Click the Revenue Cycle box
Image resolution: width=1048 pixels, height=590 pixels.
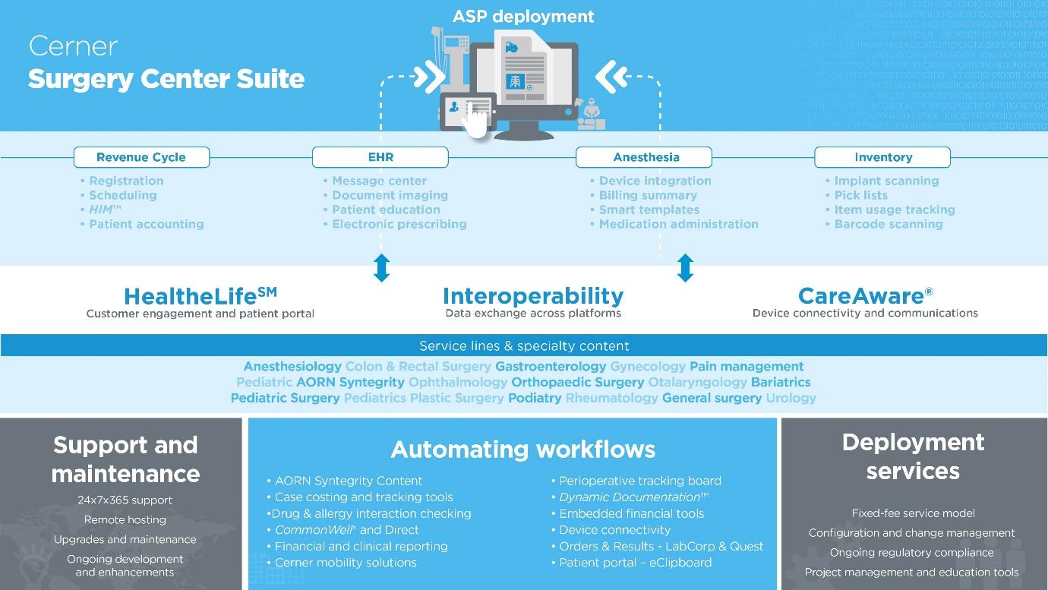tap(141, 157)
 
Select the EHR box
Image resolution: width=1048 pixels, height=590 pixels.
tap(380, 157)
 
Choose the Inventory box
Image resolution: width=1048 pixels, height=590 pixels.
tap(882, 157)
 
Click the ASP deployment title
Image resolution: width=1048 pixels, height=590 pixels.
tap(523, 16)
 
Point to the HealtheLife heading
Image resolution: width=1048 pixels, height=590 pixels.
tap(200, 295)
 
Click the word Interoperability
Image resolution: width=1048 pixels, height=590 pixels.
tap(533, 295)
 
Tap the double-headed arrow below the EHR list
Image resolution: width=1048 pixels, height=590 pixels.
tap(382, 268)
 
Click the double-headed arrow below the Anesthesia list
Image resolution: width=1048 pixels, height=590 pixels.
tap(685, 268)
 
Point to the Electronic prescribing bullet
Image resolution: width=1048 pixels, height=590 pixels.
tap(399, 224)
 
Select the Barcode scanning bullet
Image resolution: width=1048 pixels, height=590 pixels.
tap(888, 224)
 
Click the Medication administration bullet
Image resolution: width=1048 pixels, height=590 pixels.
tap(678, 224)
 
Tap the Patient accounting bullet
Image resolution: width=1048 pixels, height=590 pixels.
tap(146, 224)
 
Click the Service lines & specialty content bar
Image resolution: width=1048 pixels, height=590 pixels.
tap(524, 345)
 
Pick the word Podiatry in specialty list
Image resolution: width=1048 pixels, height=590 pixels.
tap(535, 398)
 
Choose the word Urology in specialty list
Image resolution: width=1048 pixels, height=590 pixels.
tap(791, 398)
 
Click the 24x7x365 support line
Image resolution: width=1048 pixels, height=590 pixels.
tap(125, 500)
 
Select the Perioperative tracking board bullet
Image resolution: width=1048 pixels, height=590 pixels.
tap(640, 481)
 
